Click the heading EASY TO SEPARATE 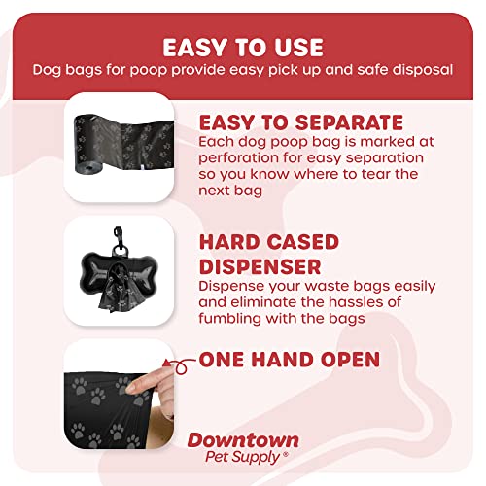(x=300, y=122)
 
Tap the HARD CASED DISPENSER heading (x=268, y=253)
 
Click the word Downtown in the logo (x=243, y=440)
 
